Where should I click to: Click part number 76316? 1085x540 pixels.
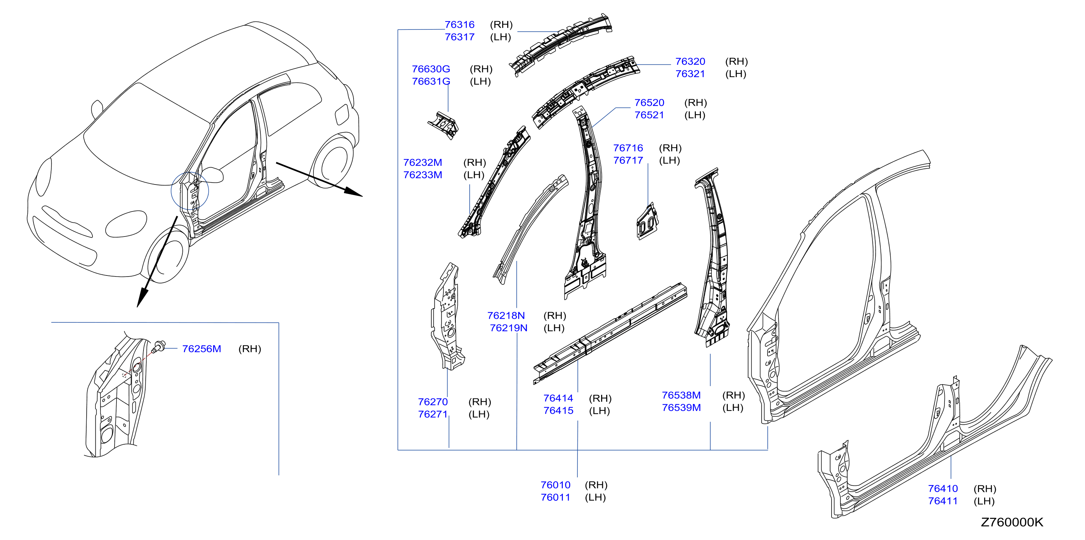point(459,25)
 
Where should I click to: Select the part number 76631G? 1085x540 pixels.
point(431,81)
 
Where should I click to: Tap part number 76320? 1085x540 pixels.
point(690,61)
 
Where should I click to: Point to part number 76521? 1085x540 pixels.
point(649,115)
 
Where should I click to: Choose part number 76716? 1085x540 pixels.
point(628,148)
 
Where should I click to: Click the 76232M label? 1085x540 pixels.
point(422,162)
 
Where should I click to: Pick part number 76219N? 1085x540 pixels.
point(508,328)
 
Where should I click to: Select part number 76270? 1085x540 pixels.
point(433,402)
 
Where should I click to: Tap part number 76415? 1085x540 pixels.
point(558,410)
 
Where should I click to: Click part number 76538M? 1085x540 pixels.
point(681,395)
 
